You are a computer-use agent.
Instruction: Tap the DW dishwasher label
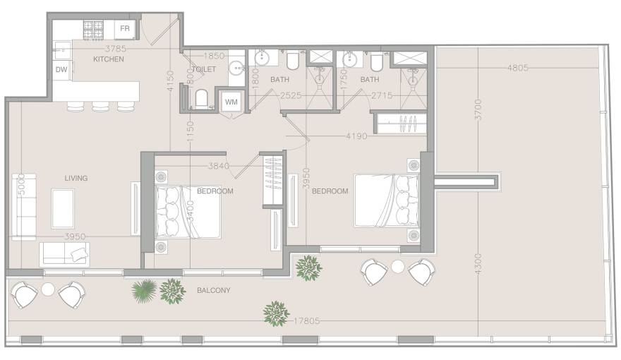point(61,70)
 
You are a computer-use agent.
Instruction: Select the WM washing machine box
point(231,102)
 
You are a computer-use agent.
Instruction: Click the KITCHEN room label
point(109,59)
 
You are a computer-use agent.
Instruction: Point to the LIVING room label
point(76,178)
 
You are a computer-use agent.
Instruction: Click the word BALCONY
point(213,290)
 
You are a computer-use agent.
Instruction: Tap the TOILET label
point(204,69)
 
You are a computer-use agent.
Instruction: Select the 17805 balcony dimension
point(306,320)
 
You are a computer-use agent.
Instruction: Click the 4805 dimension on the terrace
point(518,68)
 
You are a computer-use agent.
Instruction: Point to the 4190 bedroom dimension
point(357,136)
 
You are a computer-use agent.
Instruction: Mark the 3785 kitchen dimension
point(116,49)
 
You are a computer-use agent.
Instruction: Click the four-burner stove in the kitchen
point(93,30)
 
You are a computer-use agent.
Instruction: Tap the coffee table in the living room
point(63,208)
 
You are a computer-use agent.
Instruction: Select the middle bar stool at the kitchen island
point(101,106)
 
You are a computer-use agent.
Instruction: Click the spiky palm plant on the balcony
point(144,291)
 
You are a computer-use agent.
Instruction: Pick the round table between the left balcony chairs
point(48,289)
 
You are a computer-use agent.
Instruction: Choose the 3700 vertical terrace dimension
point(478,109)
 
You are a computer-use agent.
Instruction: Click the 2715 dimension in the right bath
point(382,95)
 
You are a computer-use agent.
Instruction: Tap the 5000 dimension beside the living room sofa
point(22,184)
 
